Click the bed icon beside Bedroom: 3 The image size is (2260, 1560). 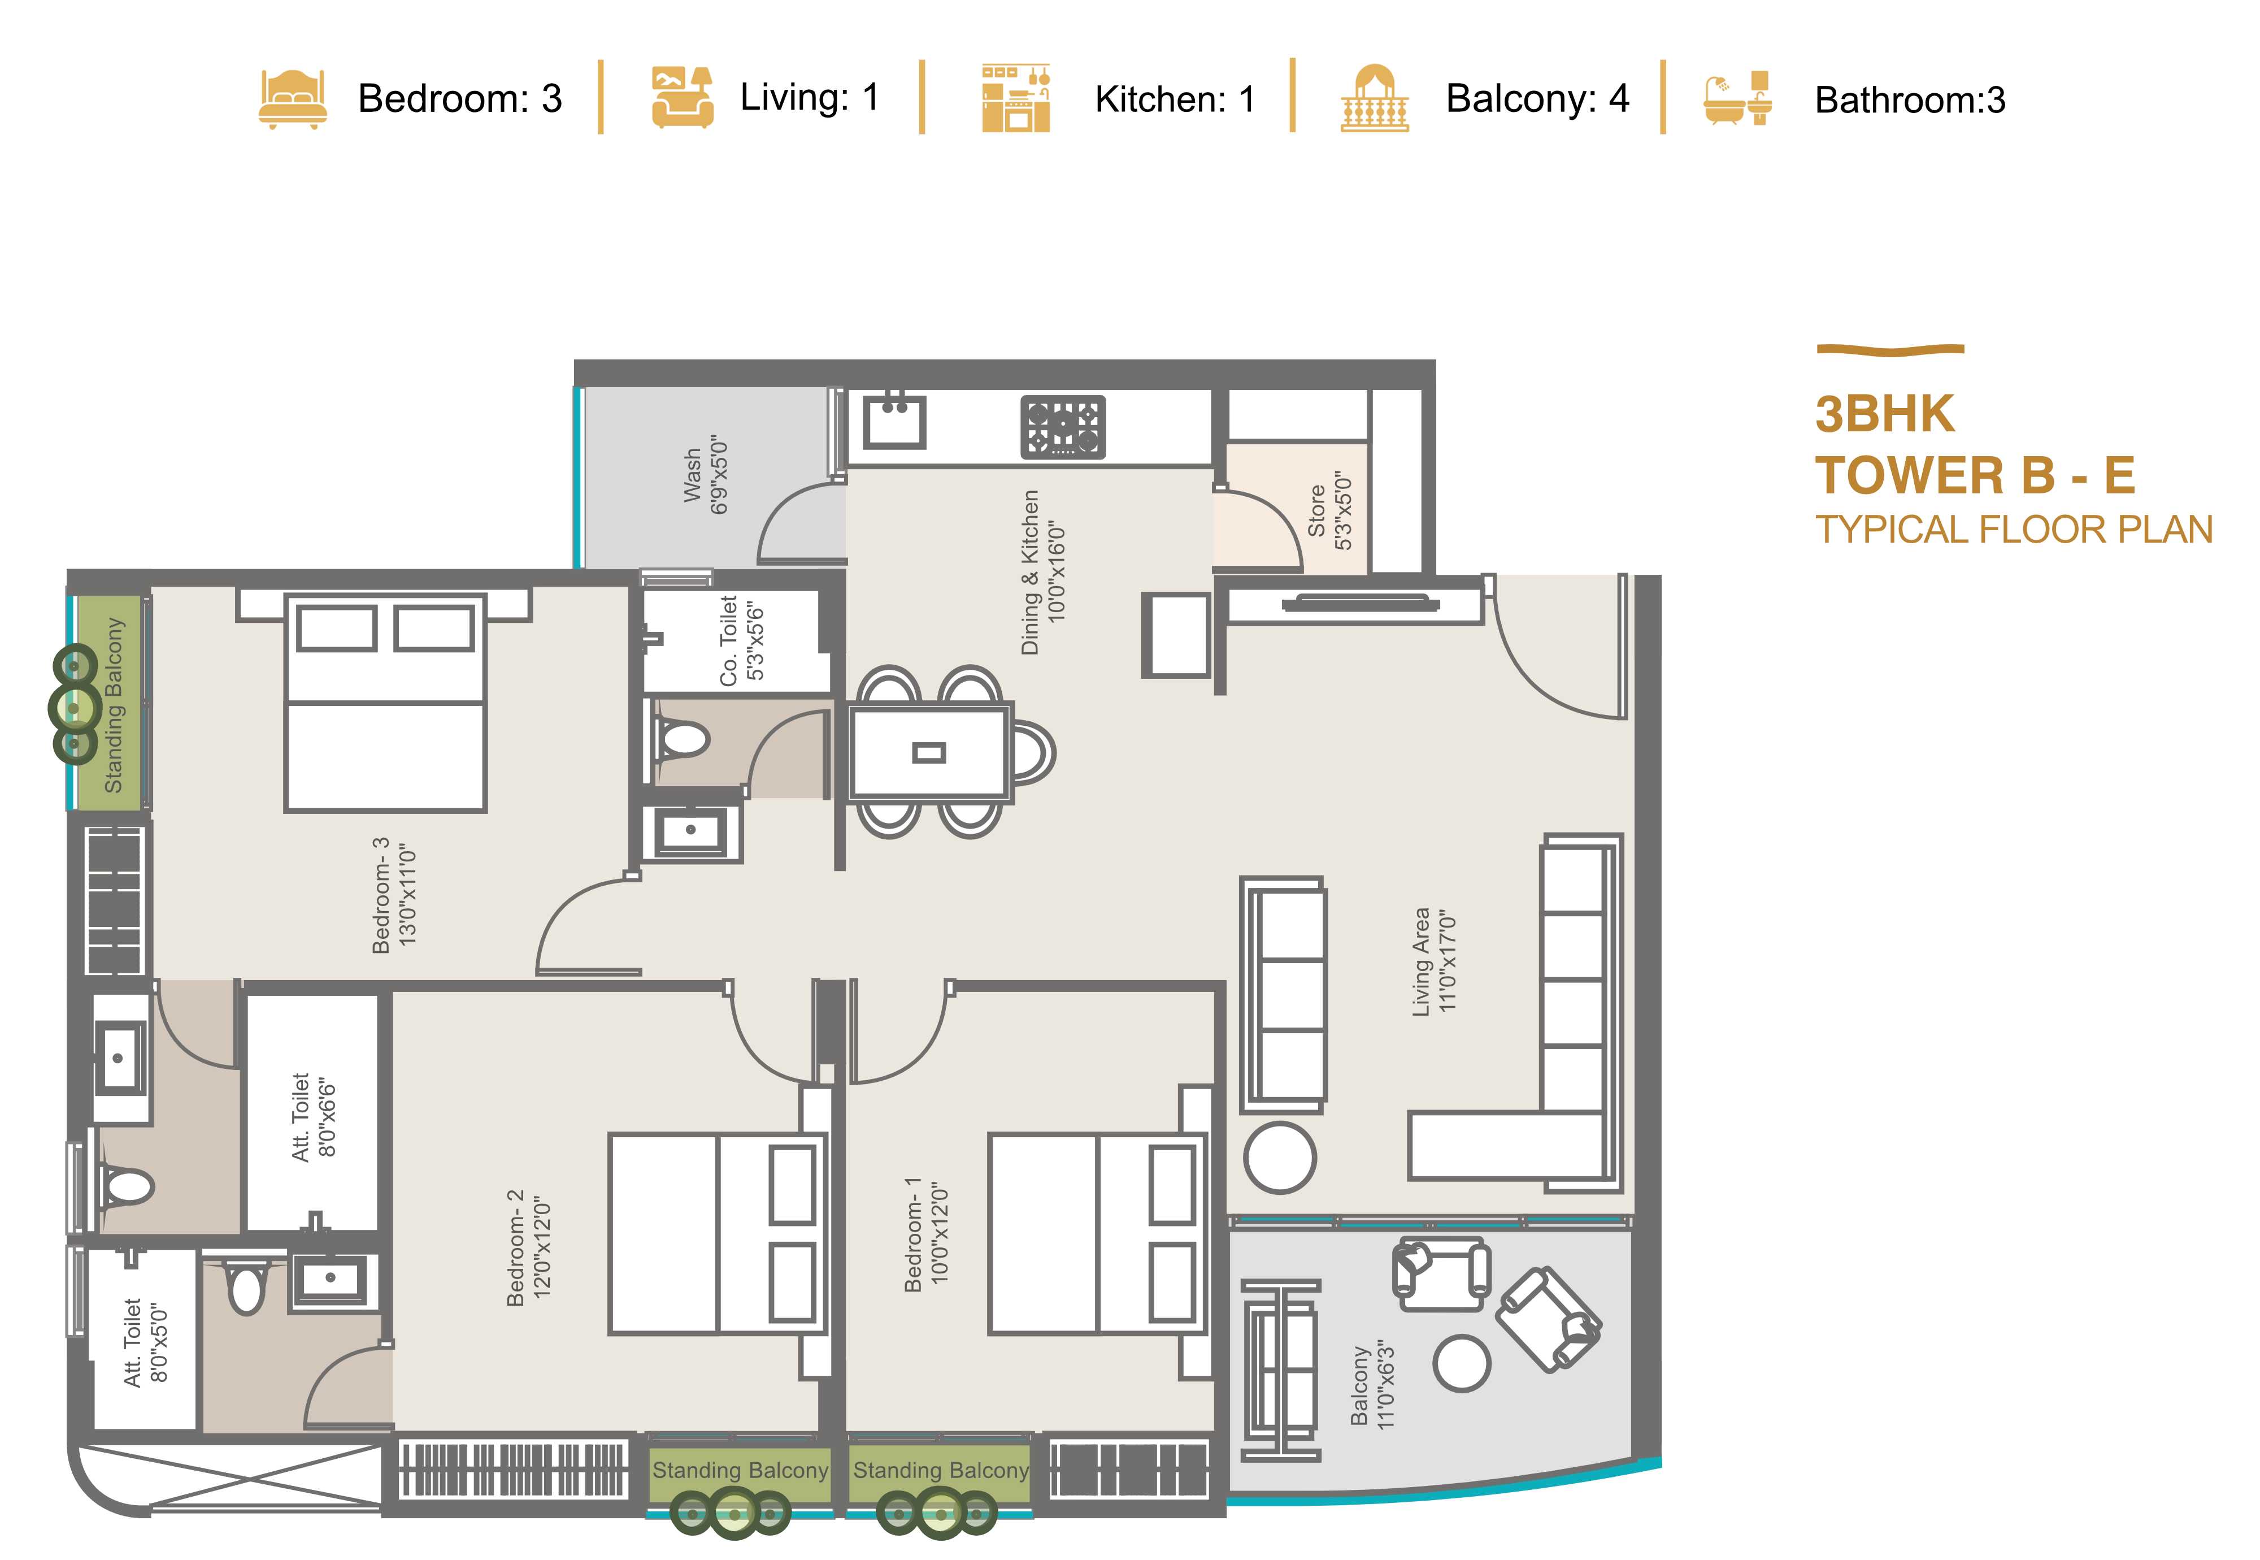click(x=292, y=99)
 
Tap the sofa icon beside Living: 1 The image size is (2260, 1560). click(x=682, y=97)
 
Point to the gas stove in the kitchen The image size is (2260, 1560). click(x=1063, y=427)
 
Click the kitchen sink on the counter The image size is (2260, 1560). click(x=894, y=421)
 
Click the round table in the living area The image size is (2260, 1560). click(x=1280, y=1158)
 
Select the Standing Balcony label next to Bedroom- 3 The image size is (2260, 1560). click(x=114, y=705)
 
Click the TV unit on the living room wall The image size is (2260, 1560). click(x=1360, y=603)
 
